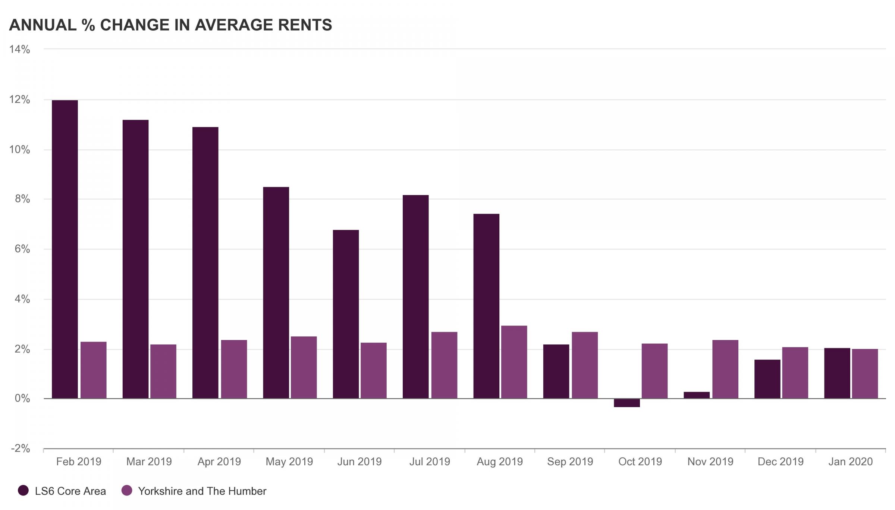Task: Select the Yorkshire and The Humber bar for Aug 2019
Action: pyautogui.click(x=514, y=362)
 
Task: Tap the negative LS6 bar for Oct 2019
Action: pyautogui.click(x=627, y=403)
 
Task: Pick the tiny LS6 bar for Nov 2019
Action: pyautogui.click(x=697, y=395)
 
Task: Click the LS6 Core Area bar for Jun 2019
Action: pyautogui.click(x=346, y=314)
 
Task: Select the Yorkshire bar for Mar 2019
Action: pyautogui.click(x=163, y=371)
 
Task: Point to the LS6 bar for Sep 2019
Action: pyautogui.click(x=556, y=371)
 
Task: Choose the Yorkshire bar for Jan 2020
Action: pyautogui.click(x=865, y=374)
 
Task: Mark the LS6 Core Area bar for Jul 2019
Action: pyautogui.click(x=415, y=296)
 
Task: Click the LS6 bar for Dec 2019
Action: pyautogui.click(x=767, y=379)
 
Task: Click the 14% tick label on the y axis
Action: pyautogui.click(x=19, y=49)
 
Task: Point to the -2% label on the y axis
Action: pyautogui.click(x=20, y=448)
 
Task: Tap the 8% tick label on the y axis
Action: pyautogui.click(x=22, y=199)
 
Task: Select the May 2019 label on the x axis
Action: pyautogui.click(x=289, y=462)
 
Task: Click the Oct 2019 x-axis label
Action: pyautogui.click(x=640, y=462)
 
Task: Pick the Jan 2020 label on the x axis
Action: pyautogui.click(x=850, y=462)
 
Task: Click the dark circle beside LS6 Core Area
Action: pyautogui.click(x=23, y=491)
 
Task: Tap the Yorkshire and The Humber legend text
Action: pyautogui.click(x=202, y=491)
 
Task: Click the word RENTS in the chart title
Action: pyautogui.click(x=305, y=25)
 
